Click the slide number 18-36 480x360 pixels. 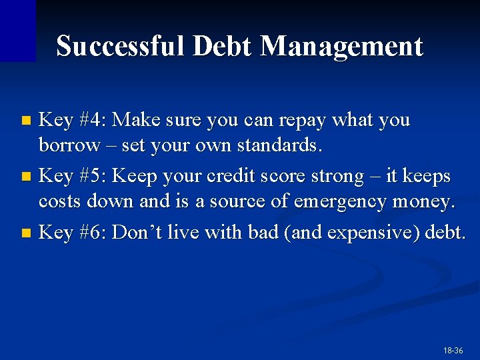click(x=453, y=350)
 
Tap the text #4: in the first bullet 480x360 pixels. click(x=93, y=121)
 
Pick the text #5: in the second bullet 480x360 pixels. click(x=93, y=177)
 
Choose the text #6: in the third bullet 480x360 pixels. click(x=93, y=233)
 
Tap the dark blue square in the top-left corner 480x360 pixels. click(x=17, y=30)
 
